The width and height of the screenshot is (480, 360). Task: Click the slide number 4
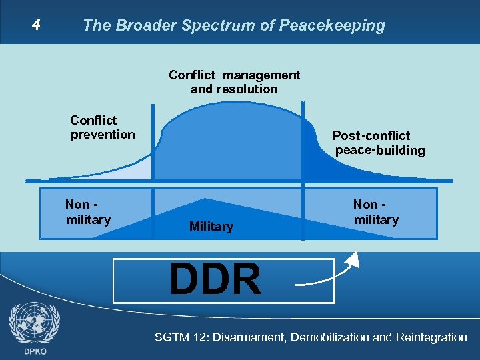37,25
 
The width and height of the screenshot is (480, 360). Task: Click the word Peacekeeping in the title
333,26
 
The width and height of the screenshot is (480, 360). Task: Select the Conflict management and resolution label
234,82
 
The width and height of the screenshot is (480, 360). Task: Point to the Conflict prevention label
102,127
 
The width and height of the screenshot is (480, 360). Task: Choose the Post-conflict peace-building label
379,143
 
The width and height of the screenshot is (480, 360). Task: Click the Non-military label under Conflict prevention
88,212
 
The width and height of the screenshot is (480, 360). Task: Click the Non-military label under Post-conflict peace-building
376,212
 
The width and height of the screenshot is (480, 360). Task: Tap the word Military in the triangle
211,227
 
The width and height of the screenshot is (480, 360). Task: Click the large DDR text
215,280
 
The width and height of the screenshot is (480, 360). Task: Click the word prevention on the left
102,135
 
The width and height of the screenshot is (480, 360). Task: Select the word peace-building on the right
380,151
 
